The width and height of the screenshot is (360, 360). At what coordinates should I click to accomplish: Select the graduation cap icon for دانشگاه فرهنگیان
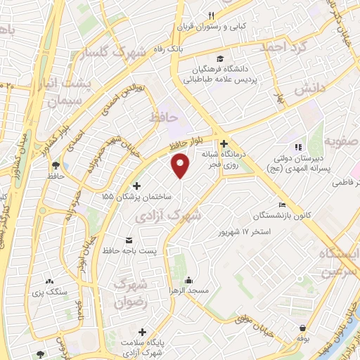click(x=221, y=59)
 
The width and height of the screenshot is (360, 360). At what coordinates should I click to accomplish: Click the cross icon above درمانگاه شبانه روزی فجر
click(x=224, y=143)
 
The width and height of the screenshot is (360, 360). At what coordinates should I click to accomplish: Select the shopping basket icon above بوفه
click(x=302, y=328)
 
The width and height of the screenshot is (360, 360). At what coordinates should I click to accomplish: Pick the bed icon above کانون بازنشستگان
click(x=283, y=205)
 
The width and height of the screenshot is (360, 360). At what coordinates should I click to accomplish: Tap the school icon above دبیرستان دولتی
click(x=298, y=147)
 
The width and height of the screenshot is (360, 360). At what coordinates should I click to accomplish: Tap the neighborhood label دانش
click(x=308, y=91)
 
